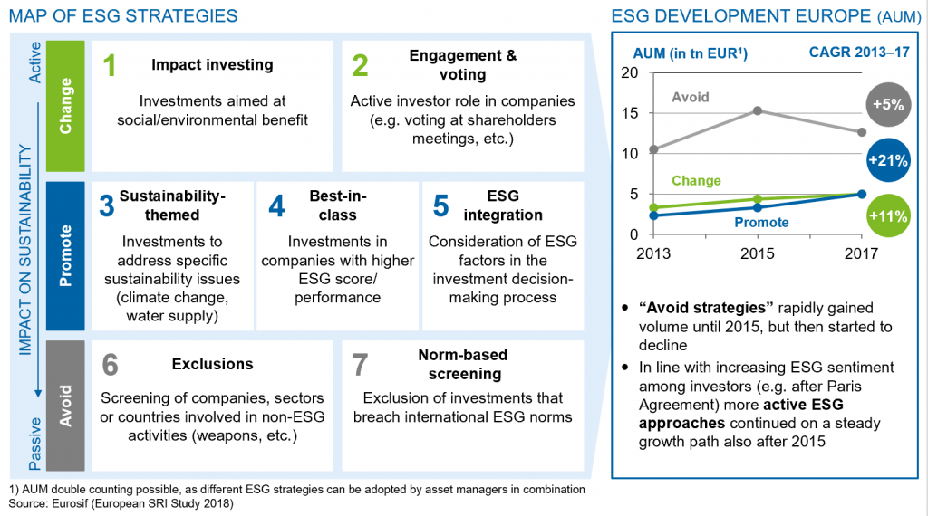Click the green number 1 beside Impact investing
111,66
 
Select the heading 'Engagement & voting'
462,65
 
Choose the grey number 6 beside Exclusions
111,364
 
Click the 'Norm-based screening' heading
462,364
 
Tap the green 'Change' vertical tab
66,105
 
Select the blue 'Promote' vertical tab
66,255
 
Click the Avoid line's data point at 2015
758,110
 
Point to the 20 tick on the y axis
631,72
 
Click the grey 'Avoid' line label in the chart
691,97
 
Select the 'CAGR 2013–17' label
858,53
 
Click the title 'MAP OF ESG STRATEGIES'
123,15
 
